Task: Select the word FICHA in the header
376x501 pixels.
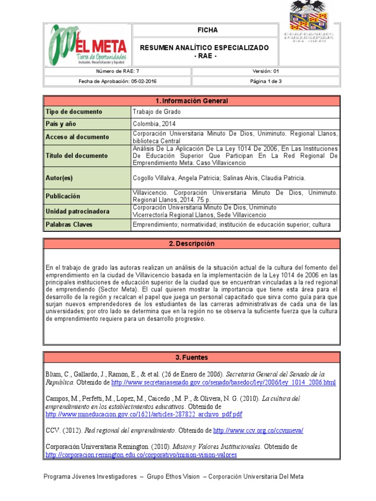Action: click(x=208, y=30)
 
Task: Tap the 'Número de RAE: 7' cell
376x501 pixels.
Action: click(x=117, y=71)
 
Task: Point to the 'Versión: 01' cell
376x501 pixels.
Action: click(x=265, y=71)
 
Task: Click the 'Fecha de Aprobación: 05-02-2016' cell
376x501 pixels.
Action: click(x=117, y=81)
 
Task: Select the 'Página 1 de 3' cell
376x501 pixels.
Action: click(x=265, y=81)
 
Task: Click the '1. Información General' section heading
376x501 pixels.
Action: click(x=191, y=101)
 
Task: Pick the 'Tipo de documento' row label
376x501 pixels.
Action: click(x=73, y=112)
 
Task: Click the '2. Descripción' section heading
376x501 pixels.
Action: click(x=191, y=244)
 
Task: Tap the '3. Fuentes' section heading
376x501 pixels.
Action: click(x=191, y=358)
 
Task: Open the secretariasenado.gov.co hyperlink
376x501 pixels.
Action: click(x=224, y=383)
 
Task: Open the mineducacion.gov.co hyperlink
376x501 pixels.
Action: click(x=144, y=414)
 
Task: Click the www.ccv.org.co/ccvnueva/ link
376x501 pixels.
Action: click(x=258, y=431)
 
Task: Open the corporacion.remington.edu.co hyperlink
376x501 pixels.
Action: click(x=141, y=455)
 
